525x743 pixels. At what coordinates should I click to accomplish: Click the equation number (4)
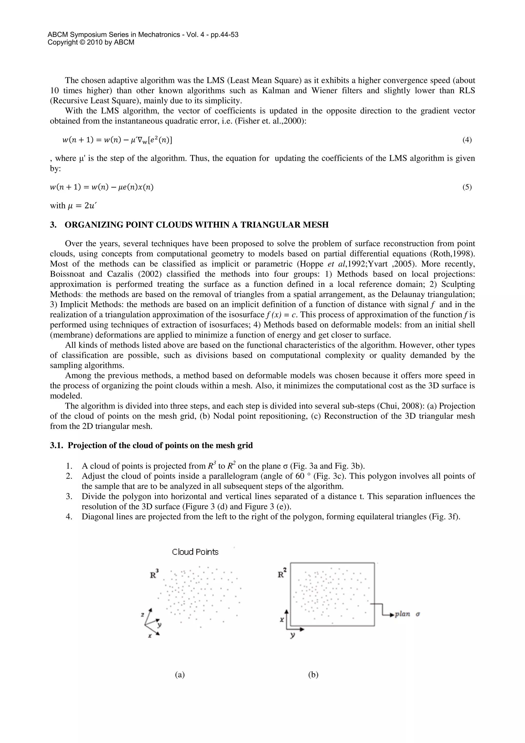pos(467,140)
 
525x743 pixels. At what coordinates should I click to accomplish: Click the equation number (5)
pos(467,187)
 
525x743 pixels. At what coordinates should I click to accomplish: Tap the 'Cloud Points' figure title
pos(195,552)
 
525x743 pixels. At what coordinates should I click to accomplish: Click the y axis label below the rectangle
pos(292,635)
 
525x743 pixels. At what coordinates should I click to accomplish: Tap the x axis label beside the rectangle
pos(282,619)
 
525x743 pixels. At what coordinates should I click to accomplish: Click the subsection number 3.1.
pos(57,445)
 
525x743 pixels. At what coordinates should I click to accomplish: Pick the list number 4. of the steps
pos(69,516)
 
